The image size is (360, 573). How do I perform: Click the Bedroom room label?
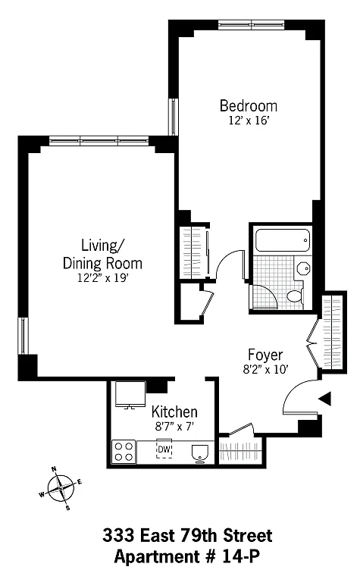248,106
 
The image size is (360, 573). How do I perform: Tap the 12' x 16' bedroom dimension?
249,121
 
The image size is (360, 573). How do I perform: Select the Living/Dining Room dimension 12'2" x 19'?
102,278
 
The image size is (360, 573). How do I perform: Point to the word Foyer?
265,355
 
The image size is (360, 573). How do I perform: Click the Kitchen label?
174,412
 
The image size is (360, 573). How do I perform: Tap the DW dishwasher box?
164,449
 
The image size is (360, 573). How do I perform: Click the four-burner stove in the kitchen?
124,451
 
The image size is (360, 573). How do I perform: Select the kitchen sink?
199,452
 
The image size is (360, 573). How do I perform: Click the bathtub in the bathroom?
283,240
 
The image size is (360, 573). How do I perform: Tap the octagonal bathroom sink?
303,269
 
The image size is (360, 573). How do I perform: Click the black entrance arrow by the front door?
325,399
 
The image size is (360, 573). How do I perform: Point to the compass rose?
61,488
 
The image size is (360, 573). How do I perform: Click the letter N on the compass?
54,469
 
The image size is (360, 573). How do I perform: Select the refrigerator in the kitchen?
130,394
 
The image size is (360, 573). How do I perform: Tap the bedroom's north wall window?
252,25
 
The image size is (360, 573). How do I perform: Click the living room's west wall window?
23,336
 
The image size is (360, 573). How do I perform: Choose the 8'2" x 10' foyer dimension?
266,370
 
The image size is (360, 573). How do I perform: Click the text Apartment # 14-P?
186,557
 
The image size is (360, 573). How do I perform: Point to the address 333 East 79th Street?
187,536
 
